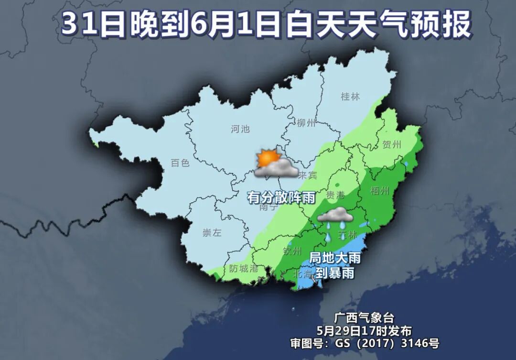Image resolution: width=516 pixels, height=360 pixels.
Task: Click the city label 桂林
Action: click(350, 96)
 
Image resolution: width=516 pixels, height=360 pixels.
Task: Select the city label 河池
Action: click(240, 129)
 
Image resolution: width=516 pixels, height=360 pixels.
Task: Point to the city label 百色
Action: click(180, 163)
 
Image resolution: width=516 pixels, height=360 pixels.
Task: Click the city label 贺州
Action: click(392, 144)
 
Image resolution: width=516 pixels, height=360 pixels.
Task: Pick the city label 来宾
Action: click(308, 175)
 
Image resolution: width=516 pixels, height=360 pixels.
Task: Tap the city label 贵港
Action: click(335, 195)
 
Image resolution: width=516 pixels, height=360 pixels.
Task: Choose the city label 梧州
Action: click(380, 191)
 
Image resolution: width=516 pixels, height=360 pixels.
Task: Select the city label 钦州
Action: click(292, 251)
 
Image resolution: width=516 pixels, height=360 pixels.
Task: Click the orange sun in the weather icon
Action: click(267, 157)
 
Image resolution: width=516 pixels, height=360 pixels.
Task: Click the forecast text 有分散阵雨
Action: click(281, 197)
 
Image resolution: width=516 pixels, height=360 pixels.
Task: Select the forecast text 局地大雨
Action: click(334, 258)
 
